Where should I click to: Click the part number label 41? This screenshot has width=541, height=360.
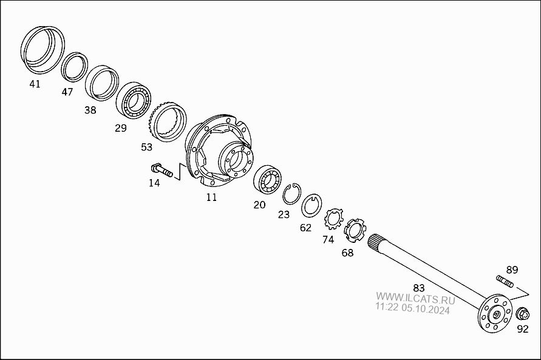coord(35,84)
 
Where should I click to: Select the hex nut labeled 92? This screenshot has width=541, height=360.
coord(522,314)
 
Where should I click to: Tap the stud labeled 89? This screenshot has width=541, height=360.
coord(505,280)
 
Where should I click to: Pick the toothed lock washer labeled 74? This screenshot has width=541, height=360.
coord(333,219)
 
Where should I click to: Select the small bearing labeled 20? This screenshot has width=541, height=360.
coord(267,180)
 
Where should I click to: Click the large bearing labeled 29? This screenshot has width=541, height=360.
coord(134,101)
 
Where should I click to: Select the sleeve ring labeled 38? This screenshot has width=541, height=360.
coord(102,83)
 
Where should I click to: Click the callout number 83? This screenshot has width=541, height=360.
coord(419,288)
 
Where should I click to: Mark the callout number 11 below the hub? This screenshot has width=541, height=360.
coord(211,197)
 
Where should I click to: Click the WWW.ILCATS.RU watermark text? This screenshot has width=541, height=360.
coord(415,298)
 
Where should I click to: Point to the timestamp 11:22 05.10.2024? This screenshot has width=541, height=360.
coord(413,308)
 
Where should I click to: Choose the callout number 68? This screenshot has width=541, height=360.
coord(347,253)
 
